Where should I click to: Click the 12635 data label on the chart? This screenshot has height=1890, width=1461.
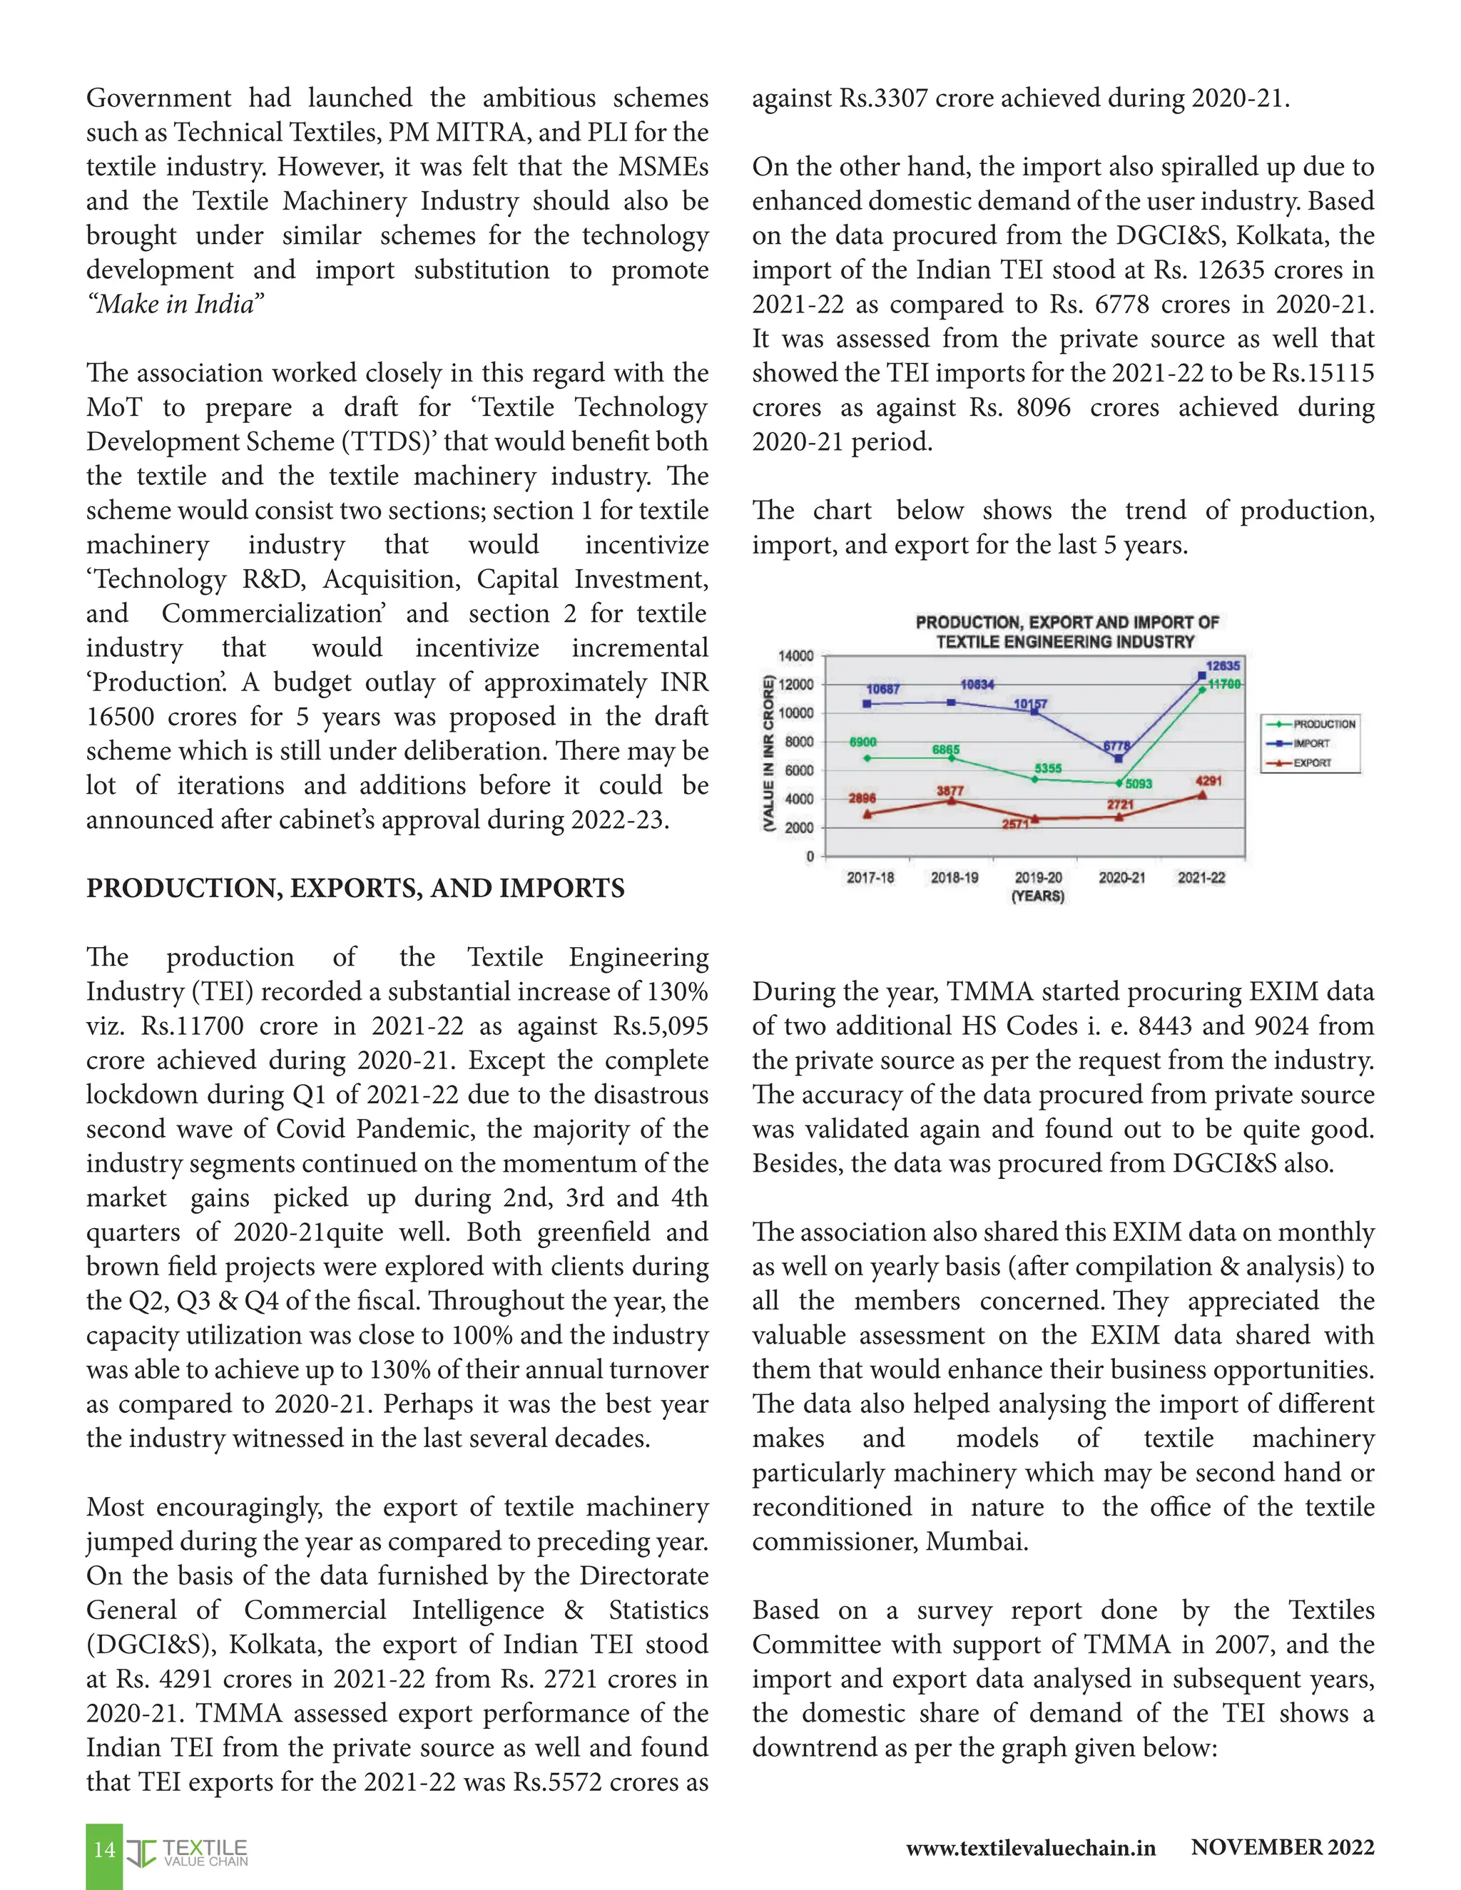click(1222, 665)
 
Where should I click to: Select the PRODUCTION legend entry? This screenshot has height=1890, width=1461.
click(1323, 723)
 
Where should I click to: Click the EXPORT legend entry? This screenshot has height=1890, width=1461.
click(1312, 762)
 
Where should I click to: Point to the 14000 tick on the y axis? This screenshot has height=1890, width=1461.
click(796, 656)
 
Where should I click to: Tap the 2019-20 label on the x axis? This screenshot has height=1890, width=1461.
click(1038, 877)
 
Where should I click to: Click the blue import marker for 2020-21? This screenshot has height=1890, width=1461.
click(1119, 758)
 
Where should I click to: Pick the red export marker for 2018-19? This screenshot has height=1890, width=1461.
click(951, 800)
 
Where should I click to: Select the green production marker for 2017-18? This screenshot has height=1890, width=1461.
click(867, 758)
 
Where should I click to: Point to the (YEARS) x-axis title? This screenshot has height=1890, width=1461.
click(1038, 896)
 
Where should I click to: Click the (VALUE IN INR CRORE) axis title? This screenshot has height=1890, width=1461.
click(768, 754)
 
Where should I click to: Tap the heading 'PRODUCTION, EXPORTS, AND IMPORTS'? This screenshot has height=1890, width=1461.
click(355, 889)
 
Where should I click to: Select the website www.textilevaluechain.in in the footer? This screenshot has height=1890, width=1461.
click(1030, 1849)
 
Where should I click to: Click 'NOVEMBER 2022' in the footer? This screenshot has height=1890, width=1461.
click(1282, 1848)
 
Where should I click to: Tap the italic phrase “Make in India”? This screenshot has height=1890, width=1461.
click(175, 305)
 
